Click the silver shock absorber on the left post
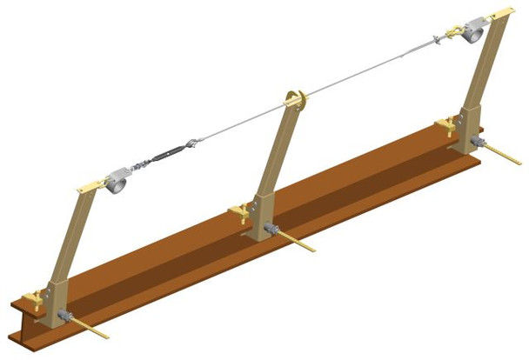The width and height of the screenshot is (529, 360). (117, 181)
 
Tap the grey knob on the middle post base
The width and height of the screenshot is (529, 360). (269, 230)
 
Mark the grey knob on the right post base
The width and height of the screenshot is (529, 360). (477, 142)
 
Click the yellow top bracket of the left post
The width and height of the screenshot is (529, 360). (90, 184)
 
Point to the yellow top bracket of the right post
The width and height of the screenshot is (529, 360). (504, 15)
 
